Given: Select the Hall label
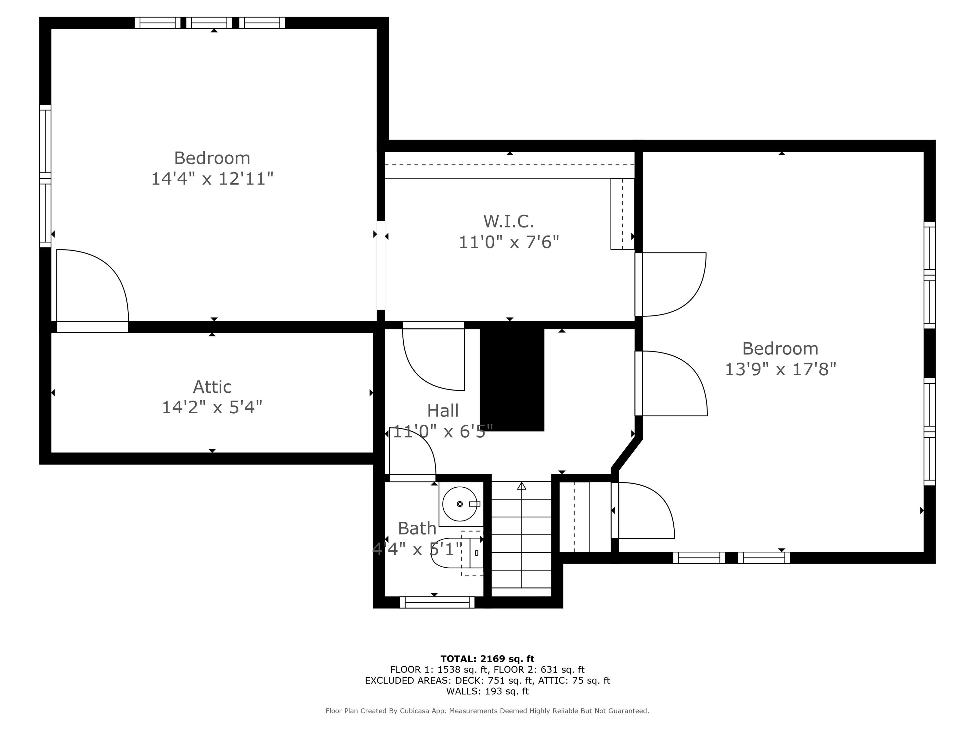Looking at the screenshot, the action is [443, 411].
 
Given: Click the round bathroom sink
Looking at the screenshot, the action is [460, 504].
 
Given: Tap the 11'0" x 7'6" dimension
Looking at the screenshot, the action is [509, 242].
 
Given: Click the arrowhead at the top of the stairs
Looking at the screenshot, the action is [521, 486].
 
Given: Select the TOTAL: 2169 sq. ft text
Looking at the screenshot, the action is [487, 659].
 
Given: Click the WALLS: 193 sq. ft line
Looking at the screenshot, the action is [487, 691].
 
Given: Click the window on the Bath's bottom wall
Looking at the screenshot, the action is [437, 602].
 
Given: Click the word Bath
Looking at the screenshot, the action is [417, 528].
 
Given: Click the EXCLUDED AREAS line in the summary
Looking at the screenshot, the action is [487, 680].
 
